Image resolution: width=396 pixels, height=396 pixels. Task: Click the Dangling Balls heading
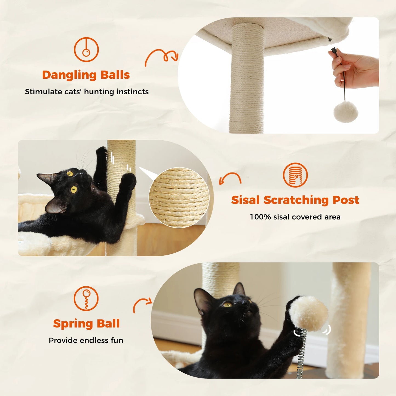click(x=86, y=75)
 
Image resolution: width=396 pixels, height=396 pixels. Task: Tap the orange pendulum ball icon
click(x=86, y=50)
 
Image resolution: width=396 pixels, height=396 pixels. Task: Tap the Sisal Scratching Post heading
click(x=295, y=200)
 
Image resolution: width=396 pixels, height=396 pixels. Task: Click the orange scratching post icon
click(x=295, y=175)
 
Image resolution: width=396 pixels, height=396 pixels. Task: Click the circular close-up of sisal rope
click(x=179, y=197)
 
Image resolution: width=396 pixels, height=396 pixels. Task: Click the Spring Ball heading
click(x=86, y=324)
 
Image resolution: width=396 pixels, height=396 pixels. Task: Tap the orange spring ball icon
click(x=86, y=299)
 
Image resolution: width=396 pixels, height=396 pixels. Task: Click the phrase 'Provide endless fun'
click(x=86, y=340)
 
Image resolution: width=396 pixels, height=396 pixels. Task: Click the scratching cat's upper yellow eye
click(x=70, y=173)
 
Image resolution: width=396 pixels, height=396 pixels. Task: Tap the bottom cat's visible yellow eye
click(x=227, y=304)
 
